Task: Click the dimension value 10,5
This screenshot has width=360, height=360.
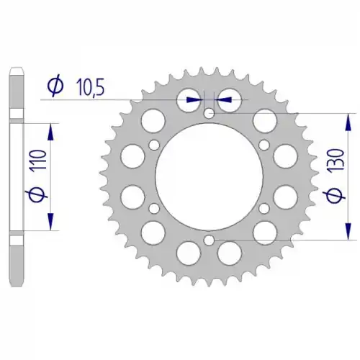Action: [90, 88]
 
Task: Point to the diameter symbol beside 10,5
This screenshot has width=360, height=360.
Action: [55, 87]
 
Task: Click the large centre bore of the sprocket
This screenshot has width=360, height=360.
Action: [210, 176]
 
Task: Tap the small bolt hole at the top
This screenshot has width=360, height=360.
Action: [210, 113]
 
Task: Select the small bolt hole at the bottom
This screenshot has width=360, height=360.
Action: [210, 240]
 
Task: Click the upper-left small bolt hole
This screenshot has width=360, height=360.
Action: [154, 145]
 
